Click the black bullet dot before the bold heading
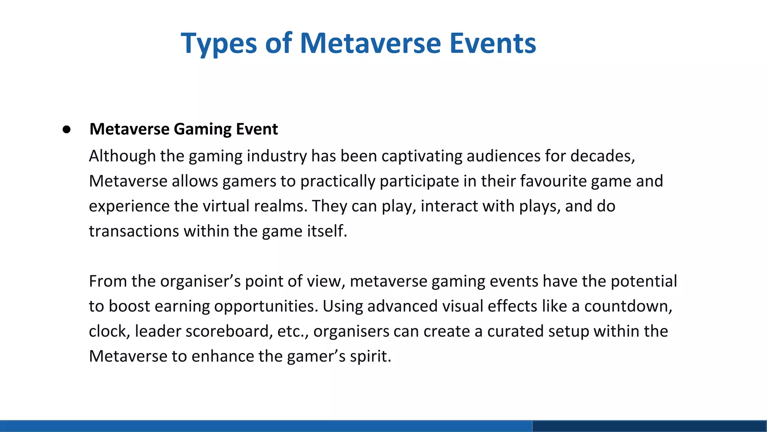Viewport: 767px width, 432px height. tap(67, 130)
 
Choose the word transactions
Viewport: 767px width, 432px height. tap(134, 231)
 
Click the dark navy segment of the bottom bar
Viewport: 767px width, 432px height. tap(649, 426)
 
